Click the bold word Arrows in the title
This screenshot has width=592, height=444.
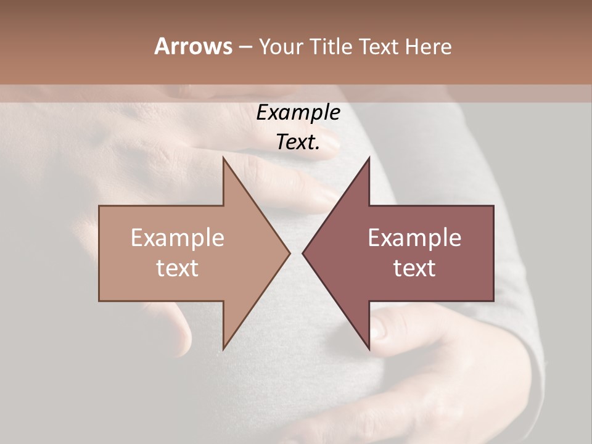[193, 46]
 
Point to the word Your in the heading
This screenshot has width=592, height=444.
[281, 47]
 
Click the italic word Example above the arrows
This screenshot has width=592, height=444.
[298, 113]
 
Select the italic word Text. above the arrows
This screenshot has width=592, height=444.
[298, 142]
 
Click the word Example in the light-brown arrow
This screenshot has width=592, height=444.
[177, 237]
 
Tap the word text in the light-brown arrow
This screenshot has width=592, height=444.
[177, 268]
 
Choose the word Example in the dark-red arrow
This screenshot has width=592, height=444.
[414, 237]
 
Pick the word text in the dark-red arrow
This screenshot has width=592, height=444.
[414, 268]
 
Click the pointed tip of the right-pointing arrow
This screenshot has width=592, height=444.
[290, 253]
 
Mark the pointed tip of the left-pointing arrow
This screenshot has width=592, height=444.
[303, 253]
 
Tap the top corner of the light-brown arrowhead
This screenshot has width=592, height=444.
[223, 157]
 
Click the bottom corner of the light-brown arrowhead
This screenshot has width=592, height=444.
[223, 349]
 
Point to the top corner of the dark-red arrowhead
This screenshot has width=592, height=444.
[369, 157]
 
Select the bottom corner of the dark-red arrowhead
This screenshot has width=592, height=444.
[369, 349]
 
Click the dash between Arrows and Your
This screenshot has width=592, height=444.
[245, 47]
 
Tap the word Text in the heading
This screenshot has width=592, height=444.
[379, 46]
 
